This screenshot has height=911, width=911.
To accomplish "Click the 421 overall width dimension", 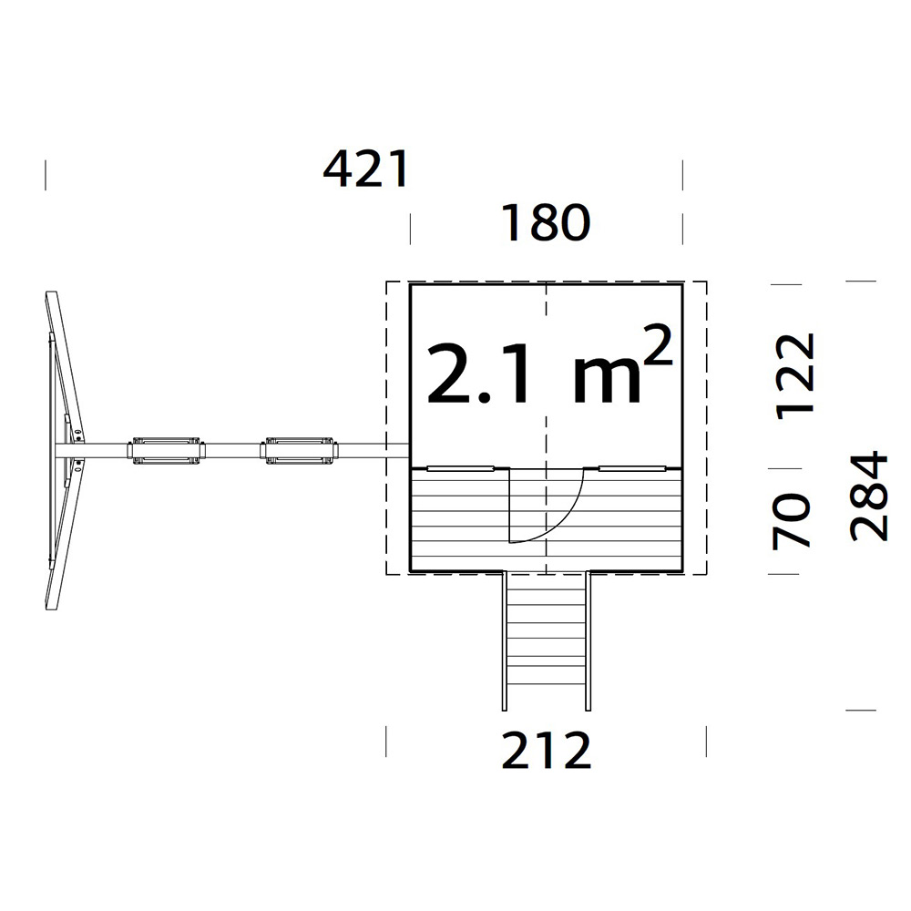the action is click(x=366, y=169).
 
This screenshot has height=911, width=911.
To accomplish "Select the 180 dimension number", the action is click(x=546, y=222).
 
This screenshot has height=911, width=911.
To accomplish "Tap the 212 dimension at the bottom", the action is click(x=546, y=750).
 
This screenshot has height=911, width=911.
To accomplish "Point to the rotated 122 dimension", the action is click(x=796, y=376).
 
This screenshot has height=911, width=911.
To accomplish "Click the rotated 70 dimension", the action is click(x=791, y=521).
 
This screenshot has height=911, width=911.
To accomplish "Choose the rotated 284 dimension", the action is click(x=869, y=496).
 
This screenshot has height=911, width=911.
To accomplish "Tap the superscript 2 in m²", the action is click(x=659, y=345).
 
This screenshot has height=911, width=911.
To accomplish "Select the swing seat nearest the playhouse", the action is click(x=299, y=451).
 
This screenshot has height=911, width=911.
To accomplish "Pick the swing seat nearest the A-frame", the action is click(x=167, y=451).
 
